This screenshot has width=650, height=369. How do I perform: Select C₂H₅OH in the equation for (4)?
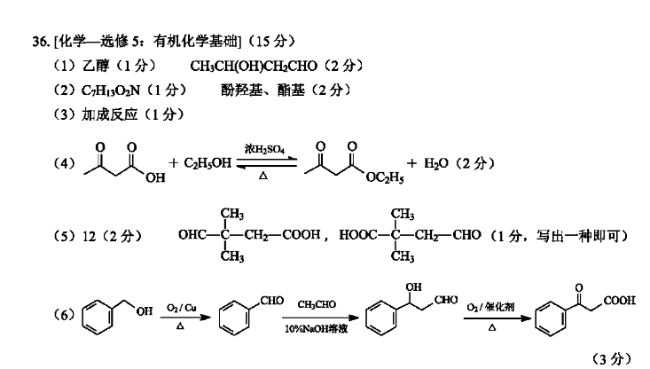tap(208, 163)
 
